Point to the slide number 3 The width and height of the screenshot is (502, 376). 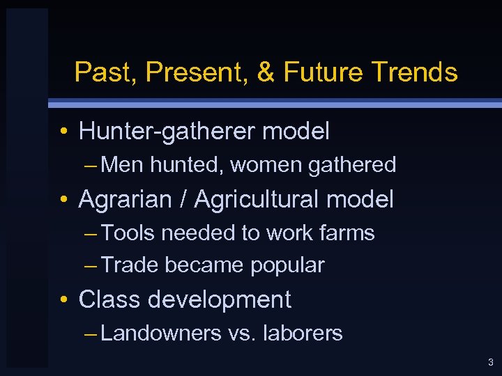(x=491, y=362)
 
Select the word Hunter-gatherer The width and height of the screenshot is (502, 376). (x=164, y=131)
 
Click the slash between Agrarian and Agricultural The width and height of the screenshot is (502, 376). (x=183, y=200)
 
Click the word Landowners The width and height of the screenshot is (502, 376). (x=162, y=334)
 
